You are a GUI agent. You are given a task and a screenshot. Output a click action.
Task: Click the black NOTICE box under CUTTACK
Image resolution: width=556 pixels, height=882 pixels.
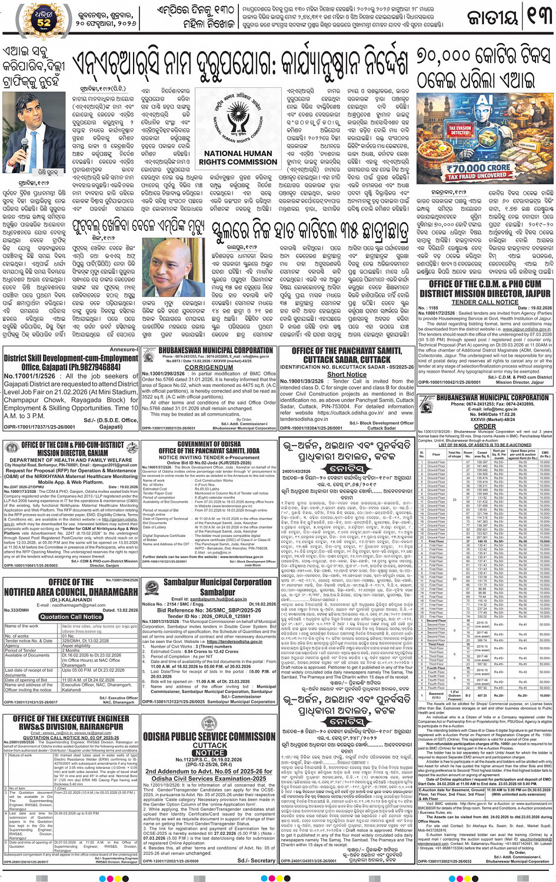210,752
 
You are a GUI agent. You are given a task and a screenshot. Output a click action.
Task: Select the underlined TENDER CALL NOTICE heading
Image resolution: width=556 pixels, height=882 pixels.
485,302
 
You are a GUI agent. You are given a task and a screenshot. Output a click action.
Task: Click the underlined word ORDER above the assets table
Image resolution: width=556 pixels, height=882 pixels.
485,426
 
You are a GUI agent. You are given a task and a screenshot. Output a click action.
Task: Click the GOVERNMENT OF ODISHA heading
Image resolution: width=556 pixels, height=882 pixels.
209,444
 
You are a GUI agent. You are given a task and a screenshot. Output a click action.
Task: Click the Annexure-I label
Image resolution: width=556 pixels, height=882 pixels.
124,349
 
